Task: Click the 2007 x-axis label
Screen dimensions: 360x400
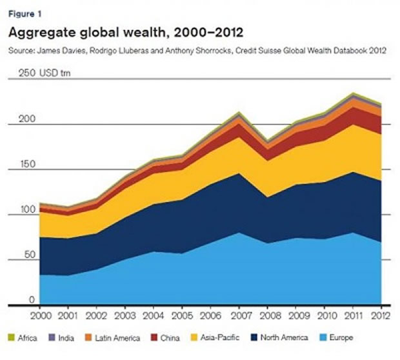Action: point(239,315)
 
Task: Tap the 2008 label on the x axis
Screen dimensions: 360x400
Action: point(268,315)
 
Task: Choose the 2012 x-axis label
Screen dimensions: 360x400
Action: point(380,315)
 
